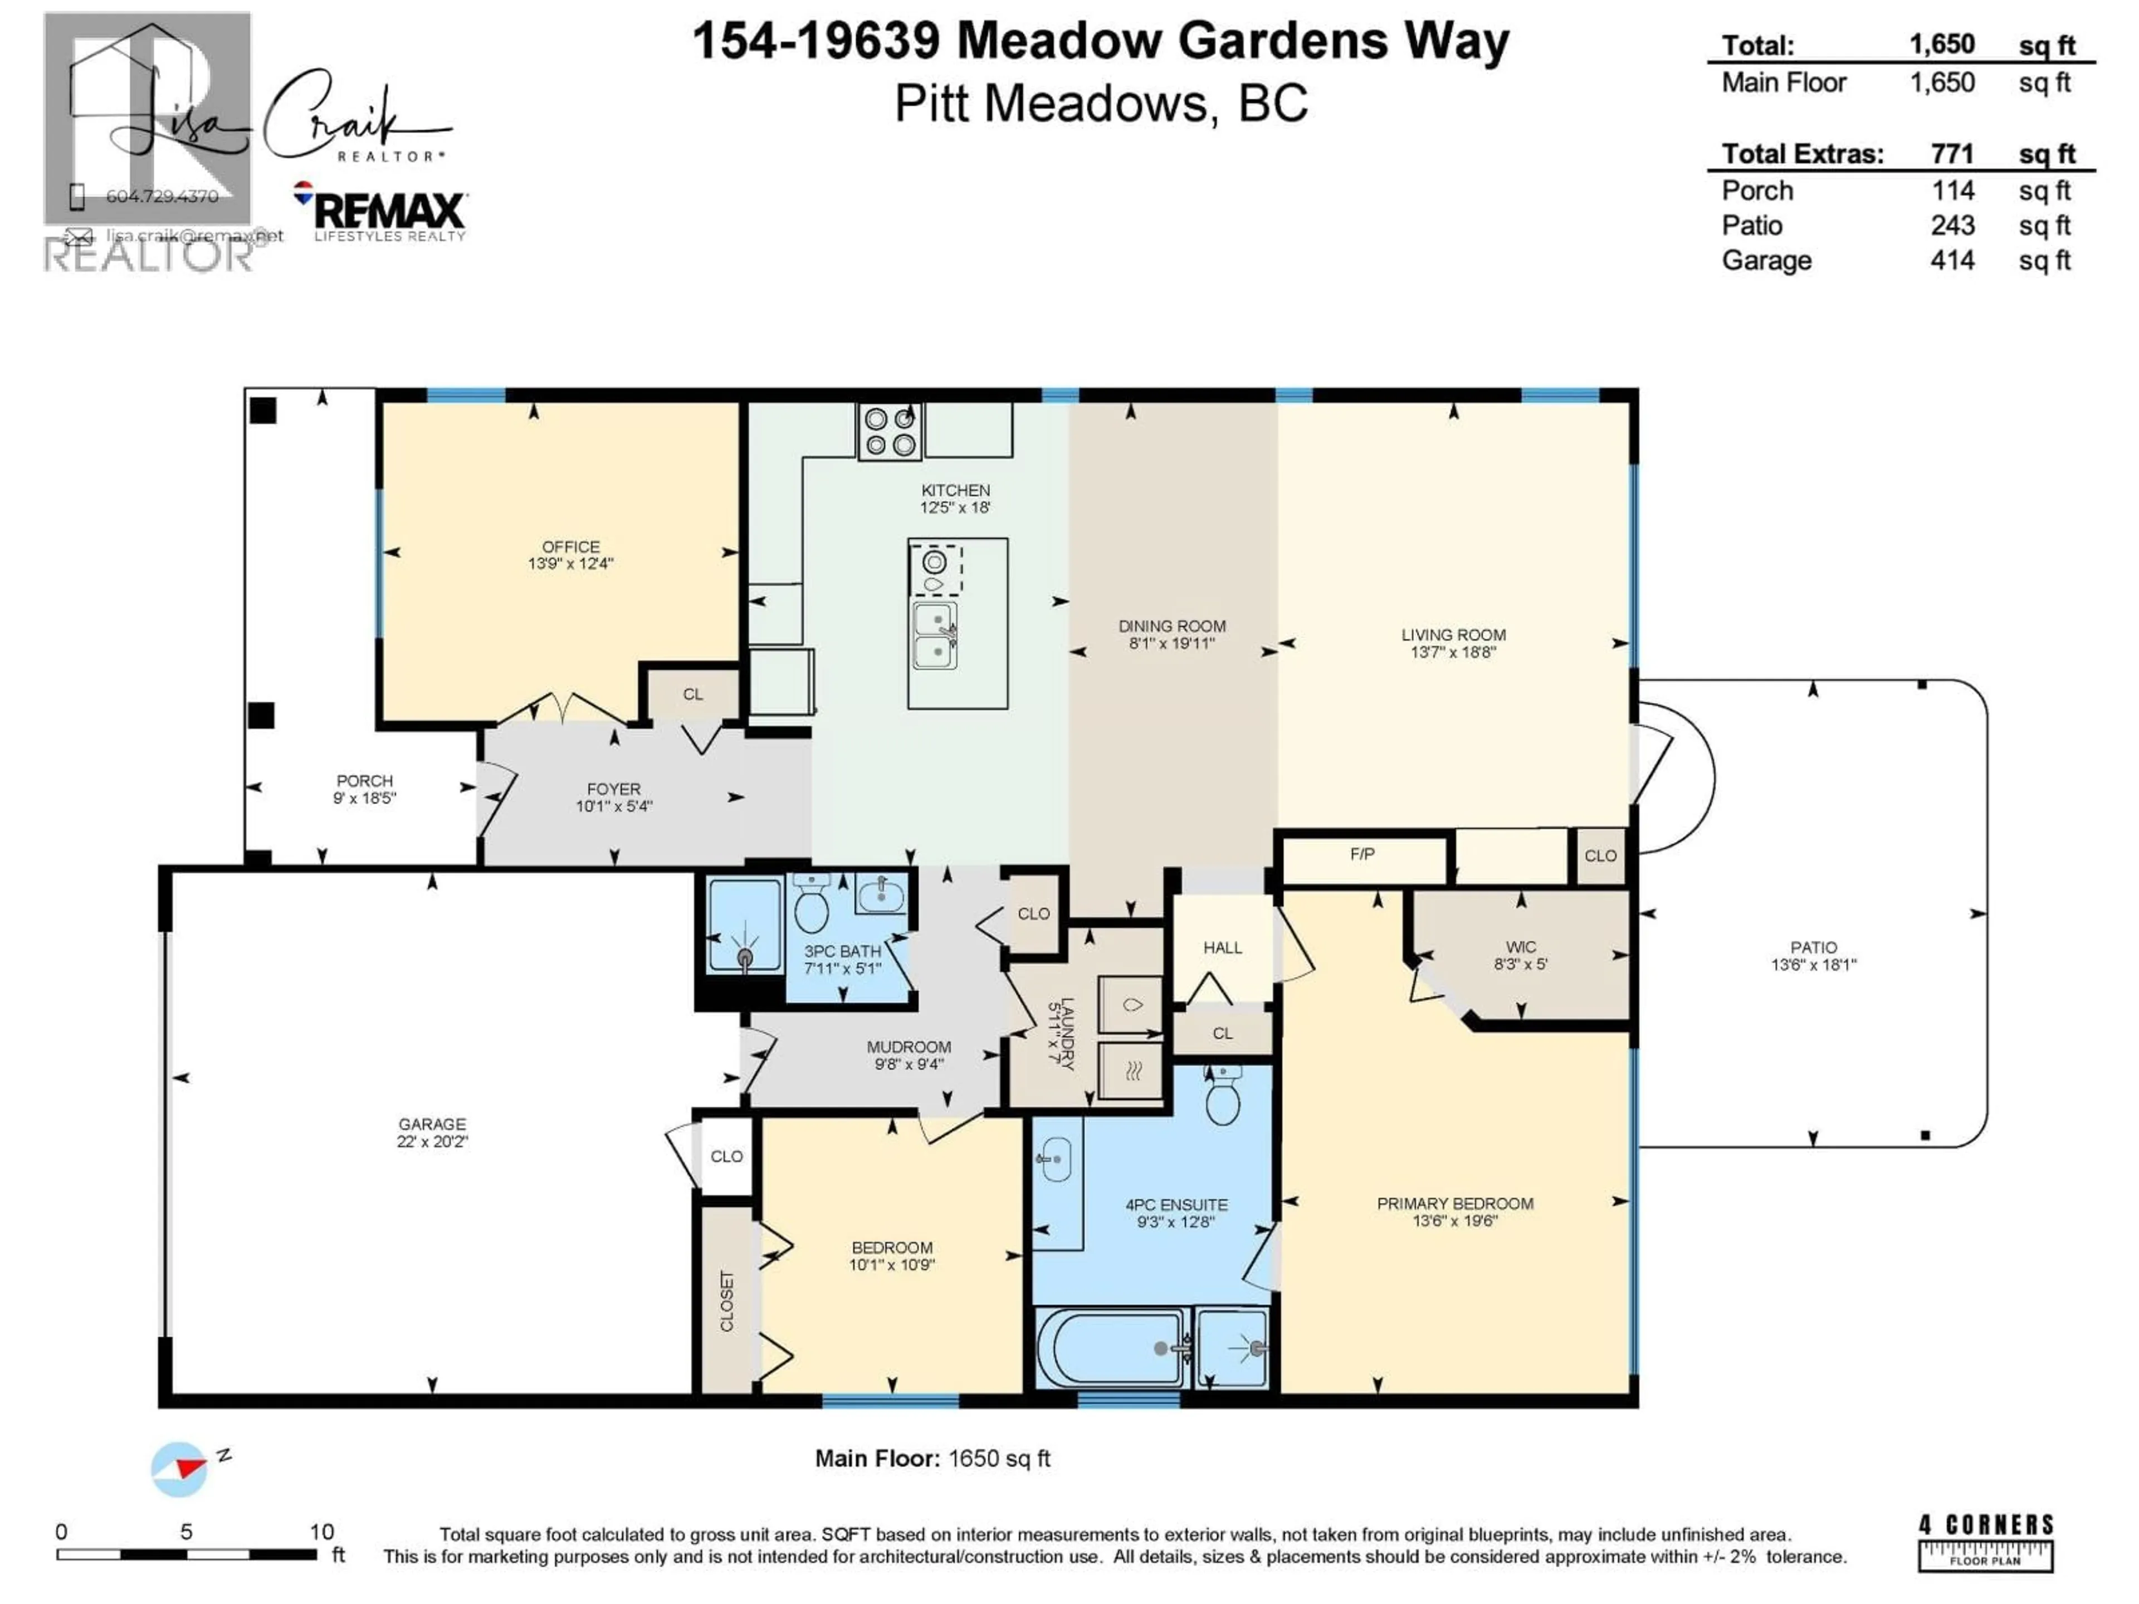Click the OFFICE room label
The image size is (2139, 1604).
(x=570, y=547)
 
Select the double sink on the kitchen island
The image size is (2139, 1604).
(x=935, y=635)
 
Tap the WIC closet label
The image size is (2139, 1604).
(x=1520, y=947)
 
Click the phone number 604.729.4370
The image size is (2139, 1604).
(x=163, y=196)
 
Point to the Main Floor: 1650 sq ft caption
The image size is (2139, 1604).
(x=932, y=1459)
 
